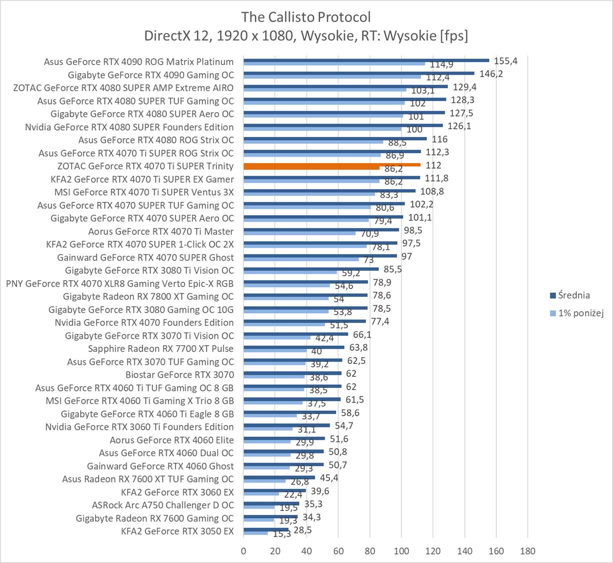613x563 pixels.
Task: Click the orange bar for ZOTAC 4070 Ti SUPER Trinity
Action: click(x=332, y=165)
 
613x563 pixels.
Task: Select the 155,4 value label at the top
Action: click(x=505, y=61)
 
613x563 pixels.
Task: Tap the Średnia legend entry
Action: click(x=573, y=295)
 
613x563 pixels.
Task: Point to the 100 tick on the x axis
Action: click(x=401, y=551)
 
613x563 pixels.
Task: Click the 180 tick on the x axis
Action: click(x=527, y=551)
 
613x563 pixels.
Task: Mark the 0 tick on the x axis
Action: click(x=244, y=551)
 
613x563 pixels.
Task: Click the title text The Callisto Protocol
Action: click(x=306, y=17)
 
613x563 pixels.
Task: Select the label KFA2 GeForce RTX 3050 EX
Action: click(x=177, y=531)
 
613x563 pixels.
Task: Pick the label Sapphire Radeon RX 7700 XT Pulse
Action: click(x=161, y=348)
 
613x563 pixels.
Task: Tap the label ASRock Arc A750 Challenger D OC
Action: click(x=163, y=505)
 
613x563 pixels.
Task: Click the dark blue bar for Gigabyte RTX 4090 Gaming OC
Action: click(x=359, y=73)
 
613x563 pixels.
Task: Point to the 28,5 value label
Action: click(x=302, y=530)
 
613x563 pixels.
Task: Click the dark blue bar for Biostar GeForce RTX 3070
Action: click(x=292, y=373)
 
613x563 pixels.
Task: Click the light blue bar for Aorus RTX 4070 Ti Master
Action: click(x=299, y=233)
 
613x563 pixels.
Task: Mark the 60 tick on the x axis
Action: click(x=338, y=551)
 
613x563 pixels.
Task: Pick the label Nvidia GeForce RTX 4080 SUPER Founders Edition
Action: click(x=129, y=127)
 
